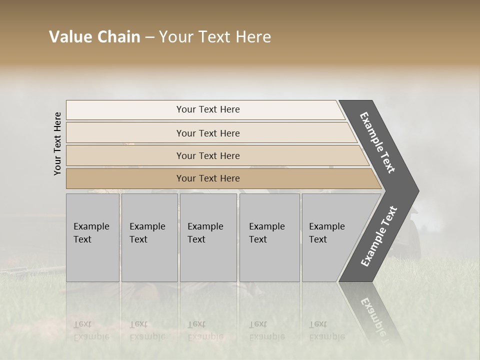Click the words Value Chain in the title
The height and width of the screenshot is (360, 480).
(94, 37)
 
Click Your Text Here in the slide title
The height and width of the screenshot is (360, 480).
(215, 37)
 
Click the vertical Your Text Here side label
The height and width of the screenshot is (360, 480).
(57, 143)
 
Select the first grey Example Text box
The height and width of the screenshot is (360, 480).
(92, 237)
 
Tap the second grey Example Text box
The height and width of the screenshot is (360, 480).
(149, 237)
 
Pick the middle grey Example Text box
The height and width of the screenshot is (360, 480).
(208, 237)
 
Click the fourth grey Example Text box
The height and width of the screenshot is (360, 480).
(269, 237)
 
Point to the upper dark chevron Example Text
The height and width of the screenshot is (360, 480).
(377, 142)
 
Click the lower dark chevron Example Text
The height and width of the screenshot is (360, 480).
(379, 236)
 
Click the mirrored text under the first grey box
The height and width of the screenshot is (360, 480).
(91, 330)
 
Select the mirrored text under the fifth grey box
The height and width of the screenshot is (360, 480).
(327, 330)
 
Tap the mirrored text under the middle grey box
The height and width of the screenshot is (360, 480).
(205, 330)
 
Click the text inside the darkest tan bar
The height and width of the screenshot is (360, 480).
(208, 178)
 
